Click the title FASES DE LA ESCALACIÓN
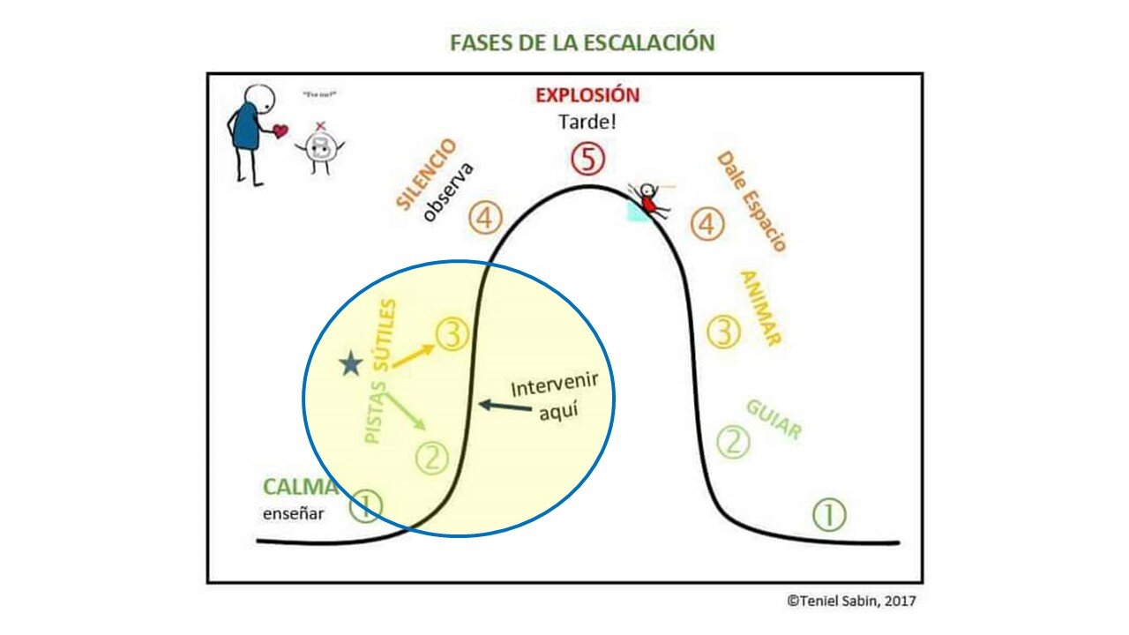pos(582,43)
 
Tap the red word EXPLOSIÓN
pos(587,95)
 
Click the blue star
pos(350,363)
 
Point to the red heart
pos(280,131)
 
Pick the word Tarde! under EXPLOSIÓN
pos(587,122)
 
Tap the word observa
pos(448,191)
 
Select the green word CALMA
pos(300,487)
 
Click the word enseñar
pos(293,514)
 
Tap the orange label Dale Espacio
pos(751,202)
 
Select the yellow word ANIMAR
pos(760,308)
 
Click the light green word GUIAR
pos(774,420)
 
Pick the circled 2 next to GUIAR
pos(732,442)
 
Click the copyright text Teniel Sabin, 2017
pos(851,601)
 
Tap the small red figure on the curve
pos(650,199)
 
